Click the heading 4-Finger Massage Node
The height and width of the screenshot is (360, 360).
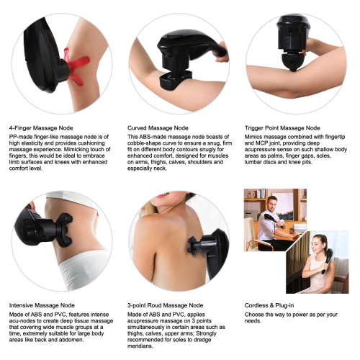tap(38, 126)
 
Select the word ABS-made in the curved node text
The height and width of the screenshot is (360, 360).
tap(148, 135)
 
